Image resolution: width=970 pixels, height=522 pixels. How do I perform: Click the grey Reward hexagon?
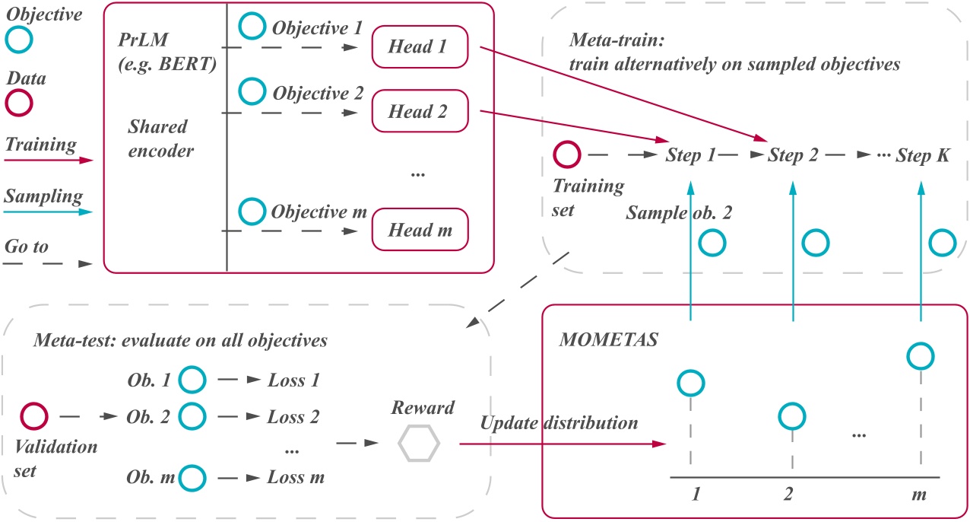[420, 444]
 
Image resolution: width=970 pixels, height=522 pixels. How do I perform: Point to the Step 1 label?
[690, 155]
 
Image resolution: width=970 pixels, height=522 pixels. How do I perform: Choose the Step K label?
[922, 155]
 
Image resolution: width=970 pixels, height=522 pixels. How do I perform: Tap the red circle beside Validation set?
[34, 416]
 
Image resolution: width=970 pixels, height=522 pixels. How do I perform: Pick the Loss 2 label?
[293, 417]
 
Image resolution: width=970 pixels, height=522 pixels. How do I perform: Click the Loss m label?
[295, 478]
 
